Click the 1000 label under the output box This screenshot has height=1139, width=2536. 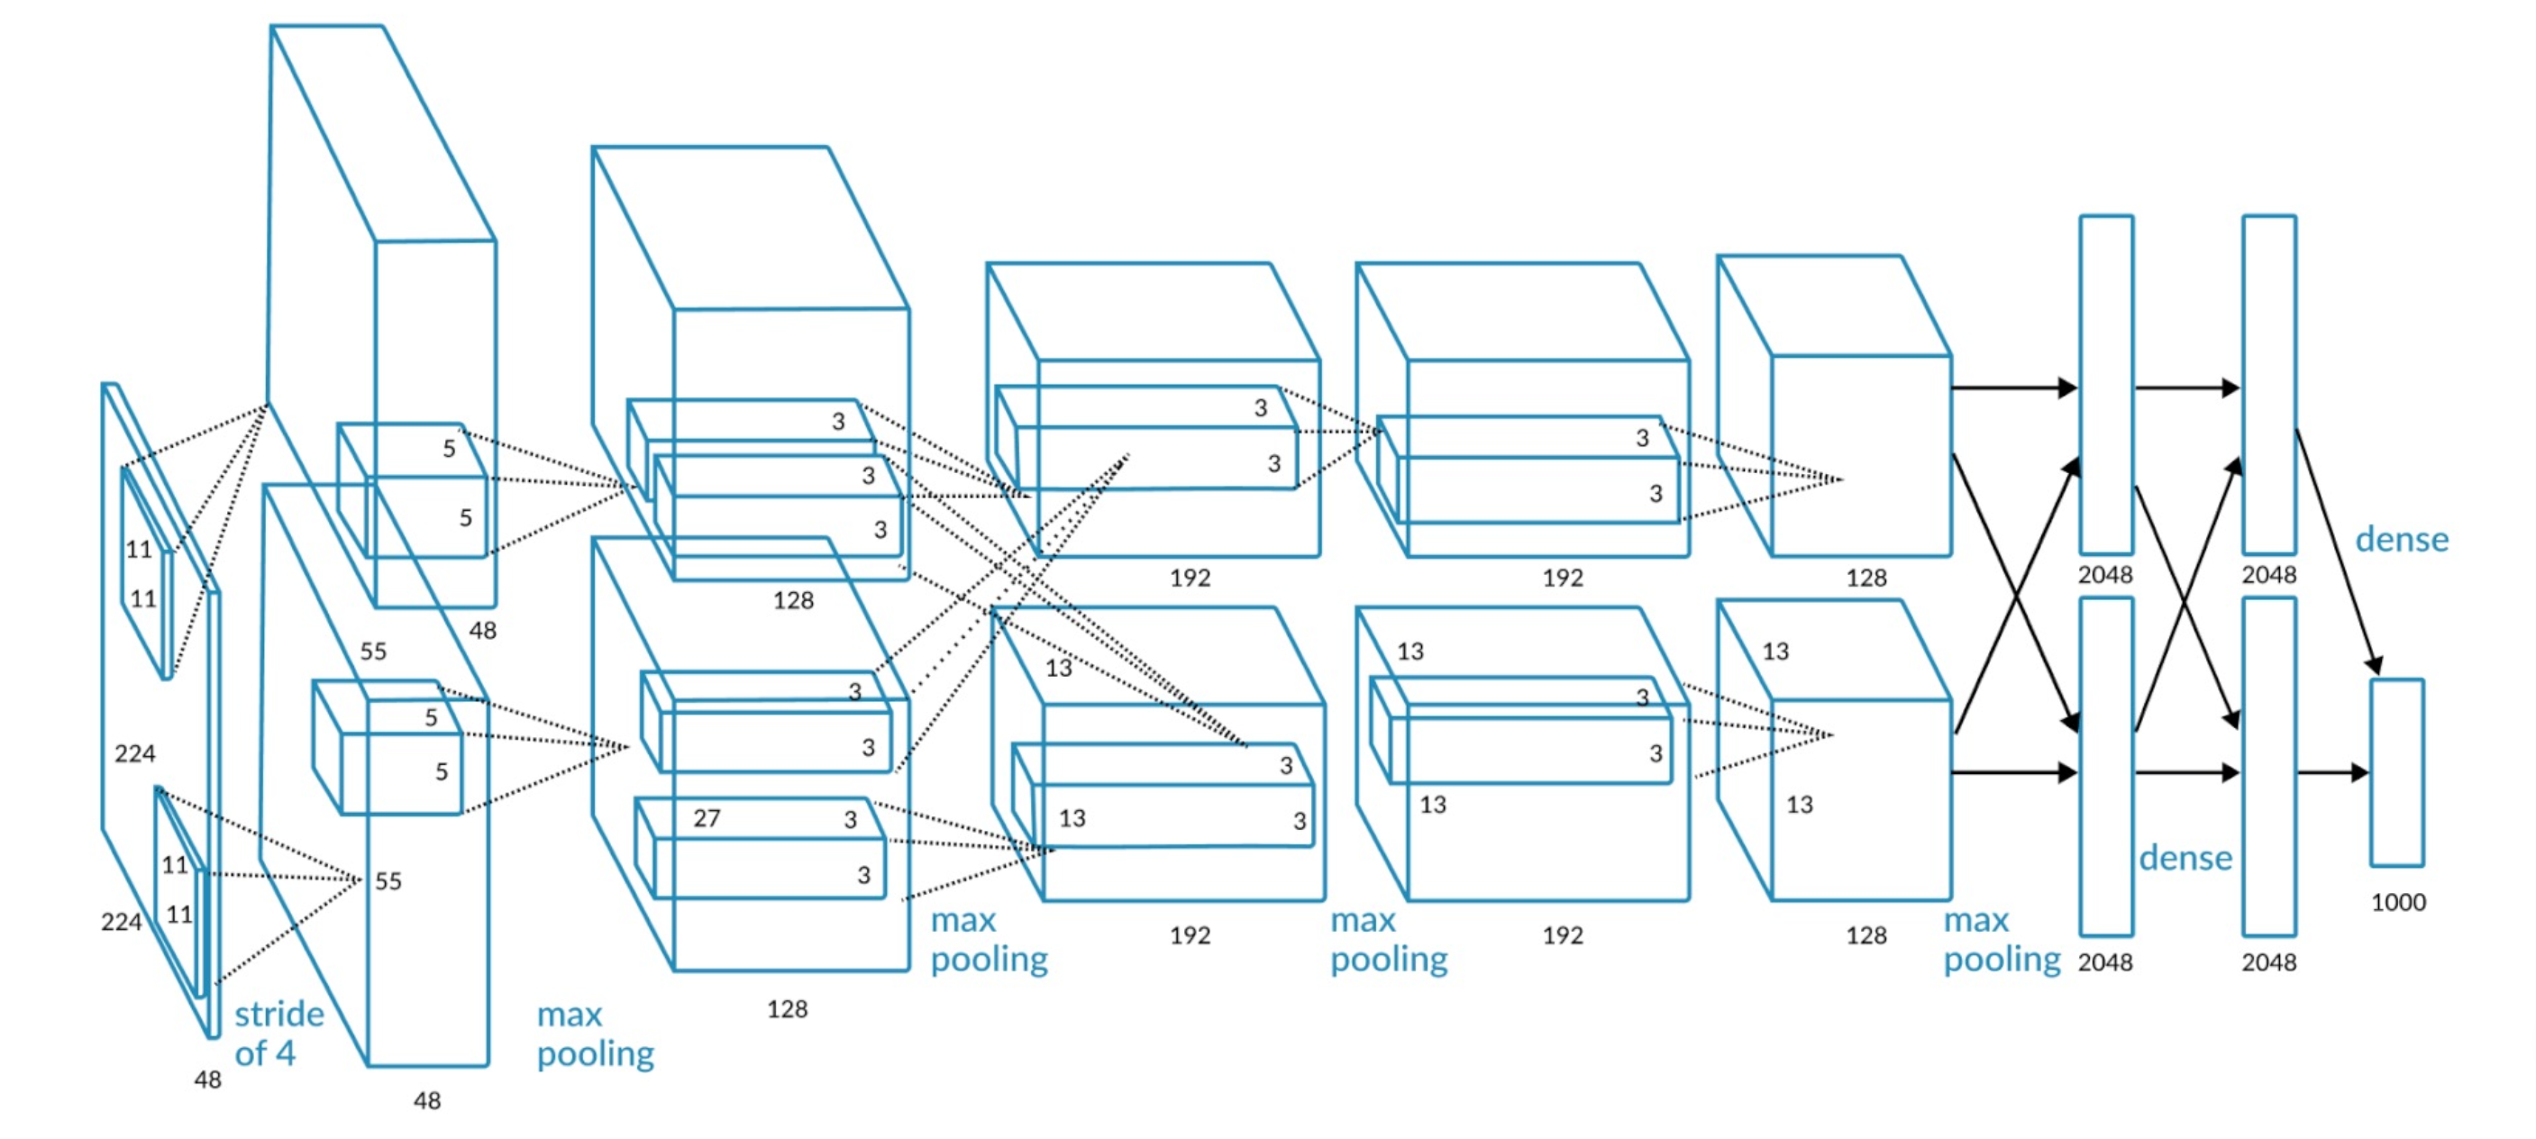[2397, 902]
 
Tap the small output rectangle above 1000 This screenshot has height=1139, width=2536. [2396, 772]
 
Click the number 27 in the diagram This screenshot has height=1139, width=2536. [706, 818]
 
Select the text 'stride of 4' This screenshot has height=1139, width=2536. [278, 1033]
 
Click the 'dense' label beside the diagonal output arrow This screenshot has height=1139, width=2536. [2401, 540]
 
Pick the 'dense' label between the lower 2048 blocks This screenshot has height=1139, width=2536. [2185, 859]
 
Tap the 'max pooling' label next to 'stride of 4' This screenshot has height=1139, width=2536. [595, 1034]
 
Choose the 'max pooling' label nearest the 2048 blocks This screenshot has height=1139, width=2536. [2002, 939]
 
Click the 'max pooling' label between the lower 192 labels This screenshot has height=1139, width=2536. [1388, 939]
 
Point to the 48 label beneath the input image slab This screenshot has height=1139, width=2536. [207, 1080]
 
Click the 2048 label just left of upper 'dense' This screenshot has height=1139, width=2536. [2269, 575]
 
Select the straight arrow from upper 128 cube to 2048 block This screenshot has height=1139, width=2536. [2013, 387]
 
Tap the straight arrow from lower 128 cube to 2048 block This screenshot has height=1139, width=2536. [2013, 773]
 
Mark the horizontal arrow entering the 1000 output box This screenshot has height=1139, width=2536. [2332, 773]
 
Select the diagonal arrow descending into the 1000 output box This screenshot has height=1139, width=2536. [2338, 551]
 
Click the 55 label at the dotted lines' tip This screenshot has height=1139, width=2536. [388, 881]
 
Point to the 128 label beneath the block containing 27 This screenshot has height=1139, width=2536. [787, 1009]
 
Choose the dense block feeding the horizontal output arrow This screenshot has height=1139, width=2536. [2269, 766]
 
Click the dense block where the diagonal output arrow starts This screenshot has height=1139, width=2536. [2269, 384]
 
